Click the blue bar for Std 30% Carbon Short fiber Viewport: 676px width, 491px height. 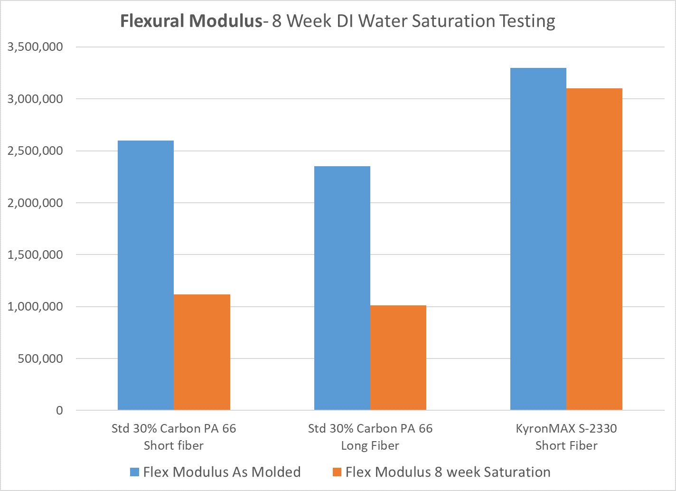[146, 275]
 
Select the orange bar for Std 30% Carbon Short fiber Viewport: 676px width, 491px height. [202, 352]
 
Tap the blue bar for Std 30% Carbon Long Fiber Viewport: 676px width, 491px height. [342, 288]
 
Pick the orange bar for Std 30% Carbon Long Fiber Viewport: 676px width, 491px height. [398, 358]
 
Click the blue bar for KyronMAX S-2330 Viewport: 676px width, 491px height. [538, 239]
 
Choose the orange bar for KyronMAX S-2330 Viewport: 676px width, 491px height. [594, 249]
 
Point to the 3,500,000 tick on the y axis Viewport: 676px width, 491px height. [35, 47]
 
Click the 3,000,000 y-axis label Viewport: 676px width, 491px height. [35, 99]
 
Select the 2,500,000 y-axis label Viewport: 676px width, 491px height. [35, 151]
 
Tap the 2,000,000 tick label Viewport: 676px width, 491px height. [35, 203]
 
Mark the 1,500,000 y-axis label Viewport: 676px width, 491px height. [35, 255]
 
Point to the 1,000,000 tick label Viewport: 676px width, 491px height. [35, 307]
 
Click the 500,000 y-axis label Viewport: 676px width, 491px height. [40, 359]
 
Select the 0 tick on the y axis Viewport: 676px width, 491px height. [59, 410]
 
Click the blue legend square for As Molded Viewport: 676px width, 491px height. [135, 472]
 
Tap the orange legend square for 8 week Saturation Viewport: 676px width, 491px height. [337, 472]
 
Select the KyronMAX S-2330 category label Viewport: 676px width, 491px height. [566, 428]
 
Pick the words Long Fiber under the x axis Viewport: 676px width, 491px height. [370, 446]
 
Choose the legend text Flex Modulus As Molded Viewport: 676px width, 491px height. [222, 472]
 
